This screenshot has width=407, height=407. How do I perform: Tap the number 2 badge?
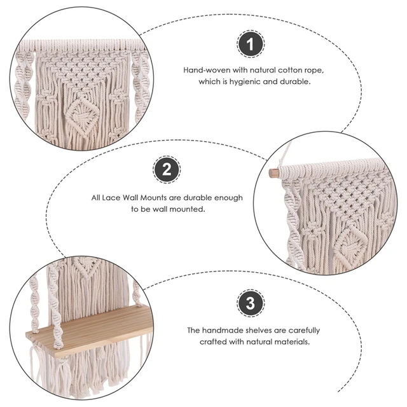point(167,170)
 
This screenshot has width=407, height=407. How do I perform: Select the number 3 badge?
point(250,303)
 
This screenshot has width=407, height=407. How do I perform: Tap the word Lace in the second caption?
point(112,198)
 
